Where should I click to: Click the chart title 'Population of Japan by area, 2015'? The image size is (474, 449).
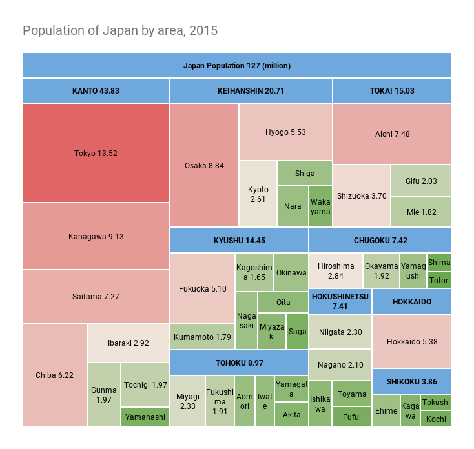pos(120,30)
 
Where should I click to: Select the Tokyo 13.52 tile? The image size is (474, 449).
pos(96,153)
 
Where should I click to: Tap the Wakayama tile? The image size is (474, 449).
pos(320,206)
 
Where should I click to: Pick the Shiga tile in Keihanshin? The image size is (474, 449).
pos(305,173)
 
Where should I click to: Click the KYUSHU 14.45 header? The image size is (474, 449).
pos(239,240)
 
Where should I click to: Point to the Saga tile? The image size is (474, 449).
pos(297,331)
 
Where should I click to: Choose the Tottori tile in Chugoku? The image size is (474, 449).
pos(439,280)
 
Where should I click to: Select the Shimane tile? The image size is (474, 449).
pos(439,262)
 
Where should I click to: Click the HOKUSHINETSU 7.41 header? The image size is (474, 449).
pos(340,301)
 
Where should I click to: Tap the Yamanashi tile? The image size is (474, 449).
pos(145,417)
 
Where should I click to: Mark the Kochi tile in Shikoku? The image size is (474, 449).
pos(436,419)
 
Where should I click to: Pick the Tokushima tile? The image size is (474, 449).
pos(436,403)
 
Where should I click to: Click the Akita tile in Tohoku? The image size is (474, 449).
pos(291,414)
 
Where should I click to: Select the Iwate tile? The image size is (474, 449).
pos(264,401)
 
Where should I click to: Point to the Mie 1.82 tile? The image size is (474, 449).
pos(421,212)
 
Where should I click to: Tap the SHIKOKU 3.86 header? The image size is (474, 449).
pos(411,381)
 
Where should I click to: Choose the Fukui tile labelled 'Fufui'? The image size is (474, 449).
pos(351,417)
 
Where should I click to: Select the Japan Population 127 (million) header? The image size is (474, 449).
pos(236,65)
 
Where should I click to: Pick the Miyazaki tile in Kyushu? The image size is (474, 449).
pos(271,331)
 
